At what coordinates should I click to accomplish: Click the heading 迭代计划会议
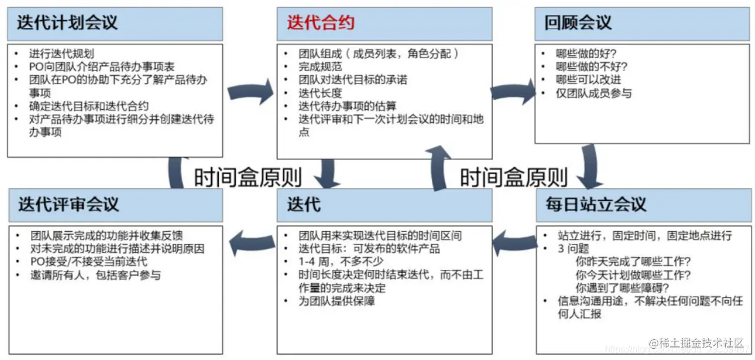(67, 23)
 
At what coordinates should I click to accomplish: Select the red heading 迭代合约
(321, 23)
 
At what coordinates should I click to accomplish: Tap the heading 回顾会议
(578, 23)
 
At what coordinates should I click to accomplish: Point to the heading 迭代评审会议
(68, 205)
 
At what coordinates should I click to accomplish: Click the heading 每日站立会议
(595, 205)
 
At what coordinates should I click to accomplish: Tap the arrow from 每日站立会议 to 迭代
(514, 240)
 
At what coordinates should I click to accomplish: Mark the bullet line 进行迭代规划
(61, 54)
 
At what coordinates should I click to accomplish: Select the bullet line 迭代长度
(320, 93)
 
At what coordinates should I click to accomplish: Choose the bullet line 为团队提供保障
(337, 301)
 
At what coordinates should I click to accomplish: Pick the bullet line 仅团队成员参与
(594, 93)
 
